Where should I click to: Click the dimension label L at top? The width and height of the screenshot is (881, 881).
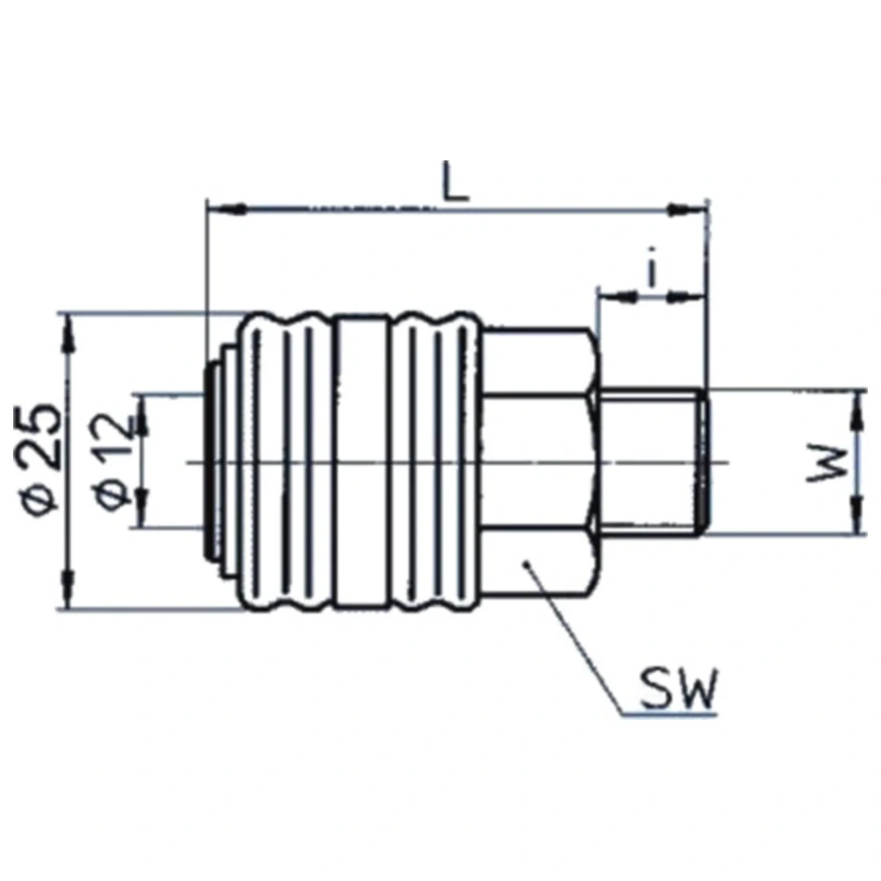point(455,181)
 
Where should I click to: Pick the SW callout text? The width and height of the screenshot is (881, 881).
point(678,689)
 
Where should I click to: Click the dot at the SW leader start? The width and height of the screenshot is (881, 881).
point(527,564)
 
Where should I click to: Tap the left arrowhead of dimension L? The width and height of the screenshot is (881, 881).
point(226,210)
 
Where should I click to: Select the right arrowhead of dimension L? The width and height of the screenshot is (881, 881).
point(686,211)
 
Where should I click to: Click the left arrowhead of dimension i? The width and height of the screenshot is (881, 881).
point(618,295)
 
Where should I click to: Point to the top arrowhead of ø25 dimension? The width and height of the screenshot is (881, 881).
point(70,333)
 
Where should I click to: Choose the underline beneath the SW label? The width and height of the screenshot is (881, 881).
point(670,714)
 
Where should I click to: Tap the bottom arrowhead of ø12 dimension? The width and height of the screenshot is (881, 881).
point(143,508)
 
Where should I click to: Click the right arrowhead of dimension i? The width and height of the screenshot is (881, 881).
point(685,295)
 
